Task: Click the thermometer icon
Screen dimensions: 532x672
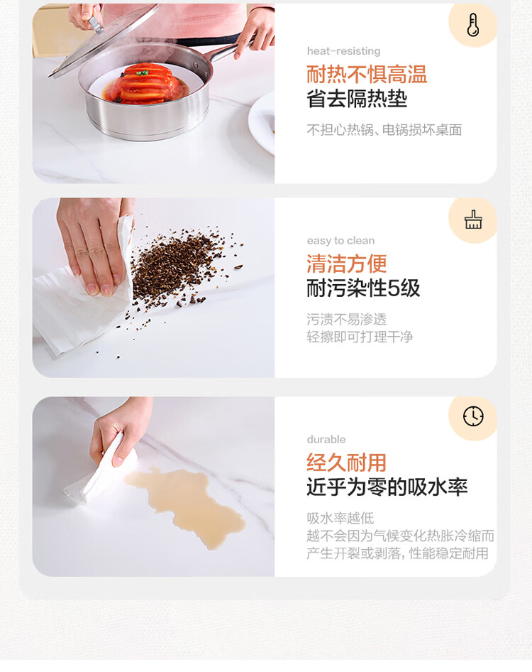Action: (472, 24)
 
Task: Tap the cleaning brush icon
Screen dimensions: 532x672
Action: (473, 220)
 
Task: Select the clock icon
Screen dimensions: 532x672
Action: (473, 416)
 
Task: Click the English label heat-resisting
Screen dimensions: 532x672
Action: (343, 51)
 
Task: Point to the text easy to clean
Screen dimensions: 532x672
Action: (340, 241)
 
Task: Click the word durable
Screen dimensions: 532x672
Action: (326, 439)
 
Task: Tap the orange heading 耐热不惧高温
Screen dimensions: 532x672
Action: (367, 74)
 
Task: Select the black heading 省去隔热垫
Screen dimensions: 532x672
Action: (357, 99)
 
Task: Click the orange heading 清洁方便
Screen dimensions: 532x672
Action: (347, 263)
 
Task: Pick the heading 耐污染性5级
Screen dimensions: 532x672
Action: (363, 288)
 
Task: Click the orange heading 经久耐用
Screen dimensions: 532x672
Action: (347, 462)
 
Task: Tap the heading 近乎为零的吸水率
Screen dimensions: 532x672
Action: (387, 487)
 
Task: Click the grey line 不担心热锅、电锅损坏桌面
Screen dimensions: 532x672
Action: (384, 130)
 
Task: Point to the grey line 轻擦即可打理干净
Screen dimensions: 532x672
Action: (360, 337)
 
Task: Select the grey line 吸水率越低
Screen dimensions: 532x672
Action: (340, 518)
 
